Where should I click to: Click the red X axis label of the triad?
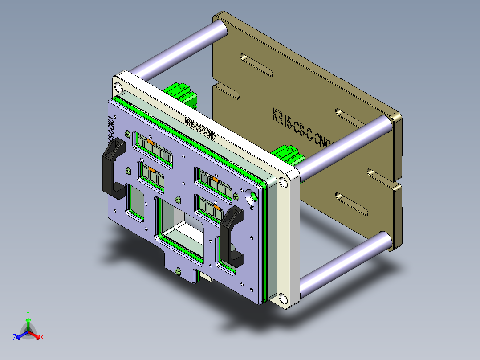pyautogui.click(x=42, y=338)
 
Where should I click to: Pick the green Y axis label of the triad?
pyautogui.click(x=28, y=313)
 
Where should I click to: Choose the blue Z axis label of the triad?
pyautogui.click(x=15, y=338)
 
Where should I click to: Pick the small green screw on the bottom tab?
pyautogui.click(x=179, y=271)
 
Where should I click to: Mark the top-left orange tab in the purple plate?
pyautogui.click(x=151, y=142)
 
